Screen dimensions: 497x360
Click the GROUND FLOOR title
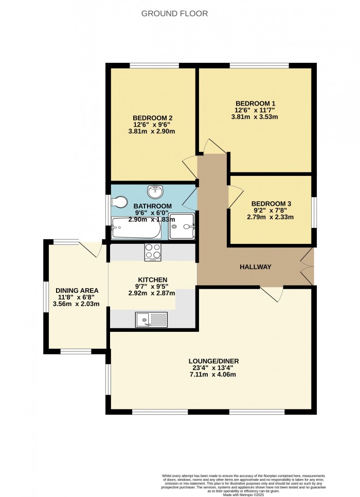pyautogui.click(x=175, y=14)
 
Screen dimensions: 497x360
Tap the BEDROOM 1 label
pyautogui.click(x=256, y=102)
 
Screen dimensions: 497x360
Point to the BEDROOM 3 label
pyautogui.click(x=271, y=203)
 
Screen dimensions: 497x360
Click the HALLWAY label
pyautogui.click(x=255, y=267)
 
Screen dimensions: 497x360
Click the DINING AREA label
pyautogui.click(x=76, y=290)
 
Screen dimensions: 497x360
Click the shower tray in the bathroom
pyautogui.click(x=182, y=226)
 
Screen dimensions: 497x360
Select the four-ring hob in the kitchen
pyautogui.click(x=153, y=252)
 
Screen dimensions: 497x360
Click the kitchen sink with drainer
pyautogui.click(x=151, y=320)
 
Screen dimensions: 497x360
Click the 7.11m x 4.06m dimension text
pyautogui.click(x=213, y=375)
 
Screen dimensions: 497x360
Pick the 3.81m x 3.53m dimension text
pyautogui.click(x=256, y=117)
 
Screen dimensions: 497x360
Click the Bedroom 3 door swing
pyautogui.click(x=236, y=195)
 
